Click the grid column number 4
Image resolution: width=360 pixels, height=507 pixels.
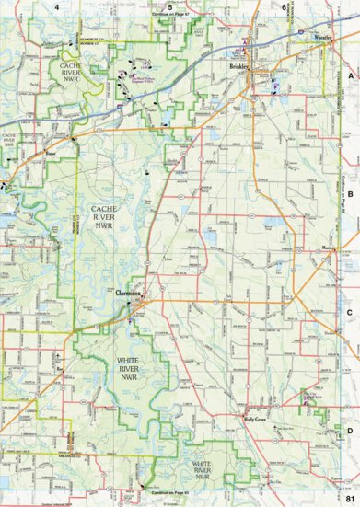coord(56,6)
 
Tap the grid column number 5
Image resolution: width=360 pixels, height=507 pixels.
coord(170,6)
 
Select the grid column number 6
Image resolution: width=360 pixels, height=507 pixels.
coord(284,6)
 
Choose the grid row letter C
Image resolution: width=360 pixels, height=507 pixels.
coord(350,312)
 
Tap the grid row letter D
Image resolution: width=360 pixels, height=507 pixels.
coord(350,430)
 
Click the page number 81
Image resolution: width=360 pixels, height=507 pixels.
coord(349,498)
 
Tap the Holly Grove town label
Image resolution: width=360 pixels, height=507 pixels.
coord(255,419)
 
